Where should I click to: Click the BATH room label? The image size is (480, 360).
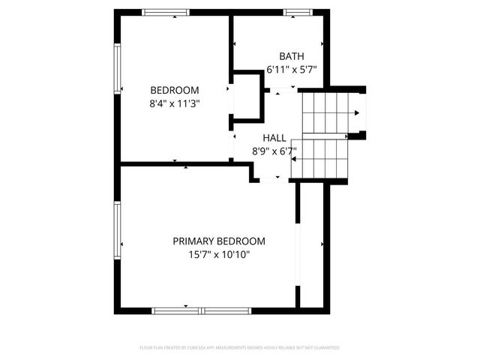tap(292, 56)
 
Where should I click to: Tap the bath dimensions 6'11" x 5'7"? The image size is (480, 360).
tap(292, 69)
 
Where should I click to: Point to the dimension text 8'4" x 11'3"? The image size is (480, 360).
tap(175, 103)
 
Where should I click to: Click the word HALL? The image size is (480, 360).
tap(274, 138)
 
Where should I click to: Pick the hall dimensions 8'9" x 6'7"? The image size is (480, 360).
tap(274, 151)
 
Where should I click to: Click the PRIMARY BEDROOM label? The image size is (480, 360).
tap(219, 241)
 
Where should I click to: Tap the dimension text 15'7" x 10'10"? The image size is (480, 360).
tap(219, 255)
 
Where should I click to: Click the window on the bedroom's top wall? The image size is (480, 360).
tap(166, 12)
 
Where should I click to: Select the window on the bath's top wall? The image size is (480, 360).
tap(297, 12)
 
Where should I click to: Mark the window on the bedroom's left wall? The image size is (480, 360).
tap(117, 68)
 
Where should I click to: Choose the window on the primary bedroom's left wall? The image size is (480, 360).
tap(117, 229)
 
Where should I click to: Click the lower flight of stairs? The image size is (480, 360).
tap(319, 158)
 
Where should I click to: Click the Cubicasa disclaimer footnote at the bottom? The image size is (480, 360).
tap(240, 348)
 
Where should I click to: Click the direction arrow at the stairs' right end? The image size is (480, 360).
tap(357, 113)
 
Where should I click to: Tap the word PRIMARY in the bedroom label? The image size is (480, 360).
tap(193, 241)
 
